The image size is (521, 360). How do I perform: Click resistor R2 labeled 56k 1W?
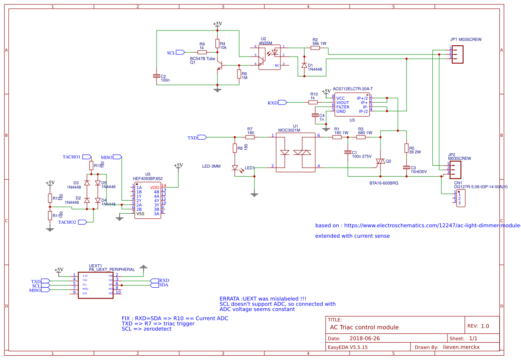point(315,48)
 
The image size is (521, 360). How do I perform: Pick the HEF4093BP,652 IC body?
point(147,201)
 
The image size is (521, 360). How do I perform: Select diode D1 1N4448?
point(304,65)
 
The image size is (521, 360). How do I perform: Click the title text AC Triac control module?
point(364,327)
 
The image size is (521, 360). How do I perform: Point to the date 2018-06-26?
point(364,338)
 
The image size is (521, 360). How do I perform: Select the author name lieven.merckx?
point(461,347)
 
